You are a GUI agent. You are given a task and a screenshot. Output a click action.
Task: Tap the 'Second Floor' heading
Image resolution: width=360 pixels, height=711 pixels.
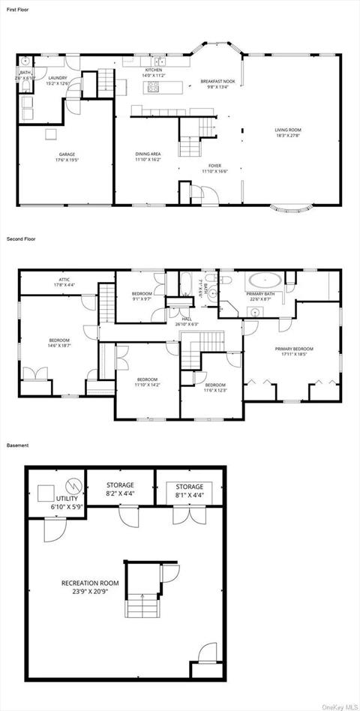pyautogui.click(x=21, y=238)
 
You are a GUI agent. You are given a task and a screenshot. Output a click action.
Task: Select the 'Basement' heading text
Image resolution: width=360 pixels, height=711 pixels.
pyautogui.click(x=17, y=445)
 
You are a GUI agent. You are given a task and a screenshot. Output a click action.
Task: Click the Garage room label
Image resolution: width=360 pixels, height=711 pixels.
pyautogui.click(x=67, y=157)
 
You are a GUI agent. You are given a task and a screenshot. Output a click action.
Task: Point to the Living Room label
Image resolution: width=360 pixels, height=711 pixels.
pyautogui.click(x=287, y=132)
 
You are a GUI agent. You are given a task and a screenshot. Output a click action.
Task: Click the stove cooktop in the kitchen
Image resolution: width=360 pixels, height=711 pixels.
pyautogui.click(x=154, y=85)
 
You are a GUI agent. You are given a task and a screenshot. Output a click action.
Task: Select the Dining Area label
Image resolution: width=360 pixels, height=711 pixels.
pyautogui.click(x=148, y=156)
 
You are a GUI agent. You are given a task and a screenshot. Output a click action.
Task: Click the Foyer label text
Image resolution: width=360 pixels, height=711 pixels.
pyautogui.click(x=215, y=168)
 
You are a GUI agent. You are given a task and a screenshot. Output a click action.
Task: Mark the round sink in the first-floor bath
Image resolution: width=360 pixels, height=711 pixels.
pyautogui.click(x=25, y=61)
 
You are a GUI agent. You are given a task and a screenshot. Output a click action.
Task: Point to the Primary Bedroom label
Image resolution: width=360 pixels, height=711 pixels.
pyautogui.click(x=293, y=351)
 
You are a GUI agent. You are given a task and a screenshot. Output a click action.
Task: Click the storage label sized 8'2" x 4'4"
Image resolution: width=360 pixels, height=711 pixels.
pyautogui.click(x=119, y=489)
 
